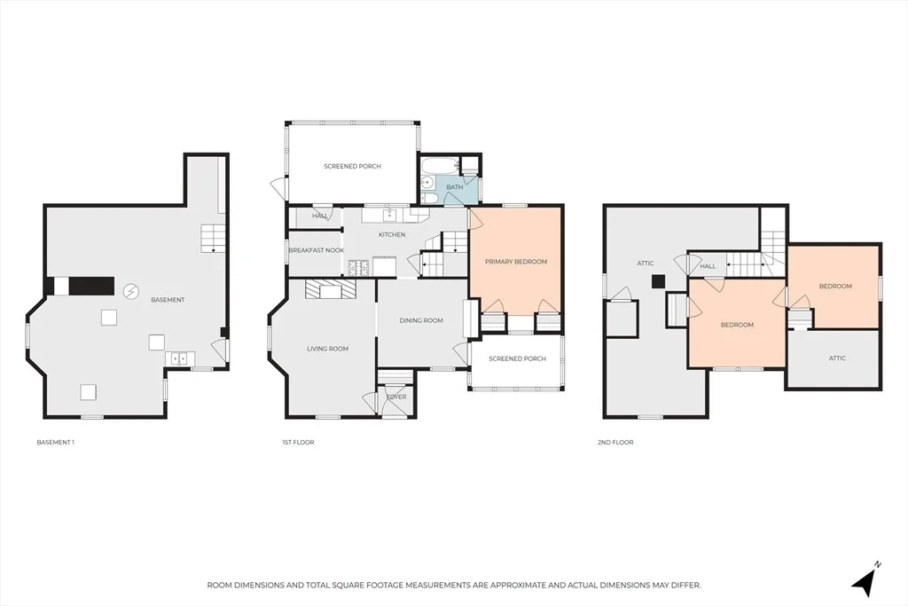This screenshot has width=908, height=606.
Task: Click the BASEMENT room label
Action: click(x=168, y=300)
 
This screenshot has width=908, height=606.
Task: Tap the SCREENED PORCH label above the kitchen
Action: click(x=352, y=166)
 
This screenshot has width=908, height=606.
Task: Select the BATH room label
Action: click(x=455, y=187)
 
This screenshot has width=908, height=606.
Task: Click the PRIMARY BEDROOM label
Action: click(x=516, y=262)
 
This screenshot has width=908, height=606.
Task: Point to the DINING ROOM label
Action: click(x=421, y=320)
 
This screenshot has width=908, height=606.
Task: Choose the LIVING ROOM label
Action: click(x=328, y=349)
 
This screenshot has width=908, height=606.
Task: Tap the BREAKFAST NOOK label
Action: click(x=317, y=250)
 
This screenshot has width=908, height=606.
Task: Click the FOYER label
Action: click(x=396, y=397)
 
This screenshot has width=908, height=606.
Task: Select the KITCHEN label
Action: click(x=392, y=234)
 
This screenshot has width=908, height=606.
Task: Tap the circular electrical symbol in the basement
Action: click(x=132, y=291)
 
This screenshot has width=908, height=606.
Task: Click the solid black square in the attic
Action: click(x=658, y=281)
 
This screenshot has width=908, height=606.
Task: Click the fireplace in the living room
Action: click(x=331, y=289)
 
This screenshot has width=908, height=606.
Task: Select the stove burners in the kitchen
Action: click(x=358, y=267)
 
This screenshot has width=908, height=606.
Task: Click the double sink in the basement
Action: click(x=179, y=359)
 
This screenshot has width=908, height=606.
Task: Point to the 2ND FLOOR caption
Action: click(x=615, y=442)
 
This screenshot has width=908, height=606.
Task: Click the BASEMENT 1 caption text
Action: click(x=56, y=442)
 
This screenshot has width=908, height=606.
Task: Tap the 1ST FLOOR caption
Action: click(x=298, y=442)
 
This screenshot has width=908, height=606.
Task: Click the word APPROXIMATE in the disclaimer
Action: click(x=518, y=585)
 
